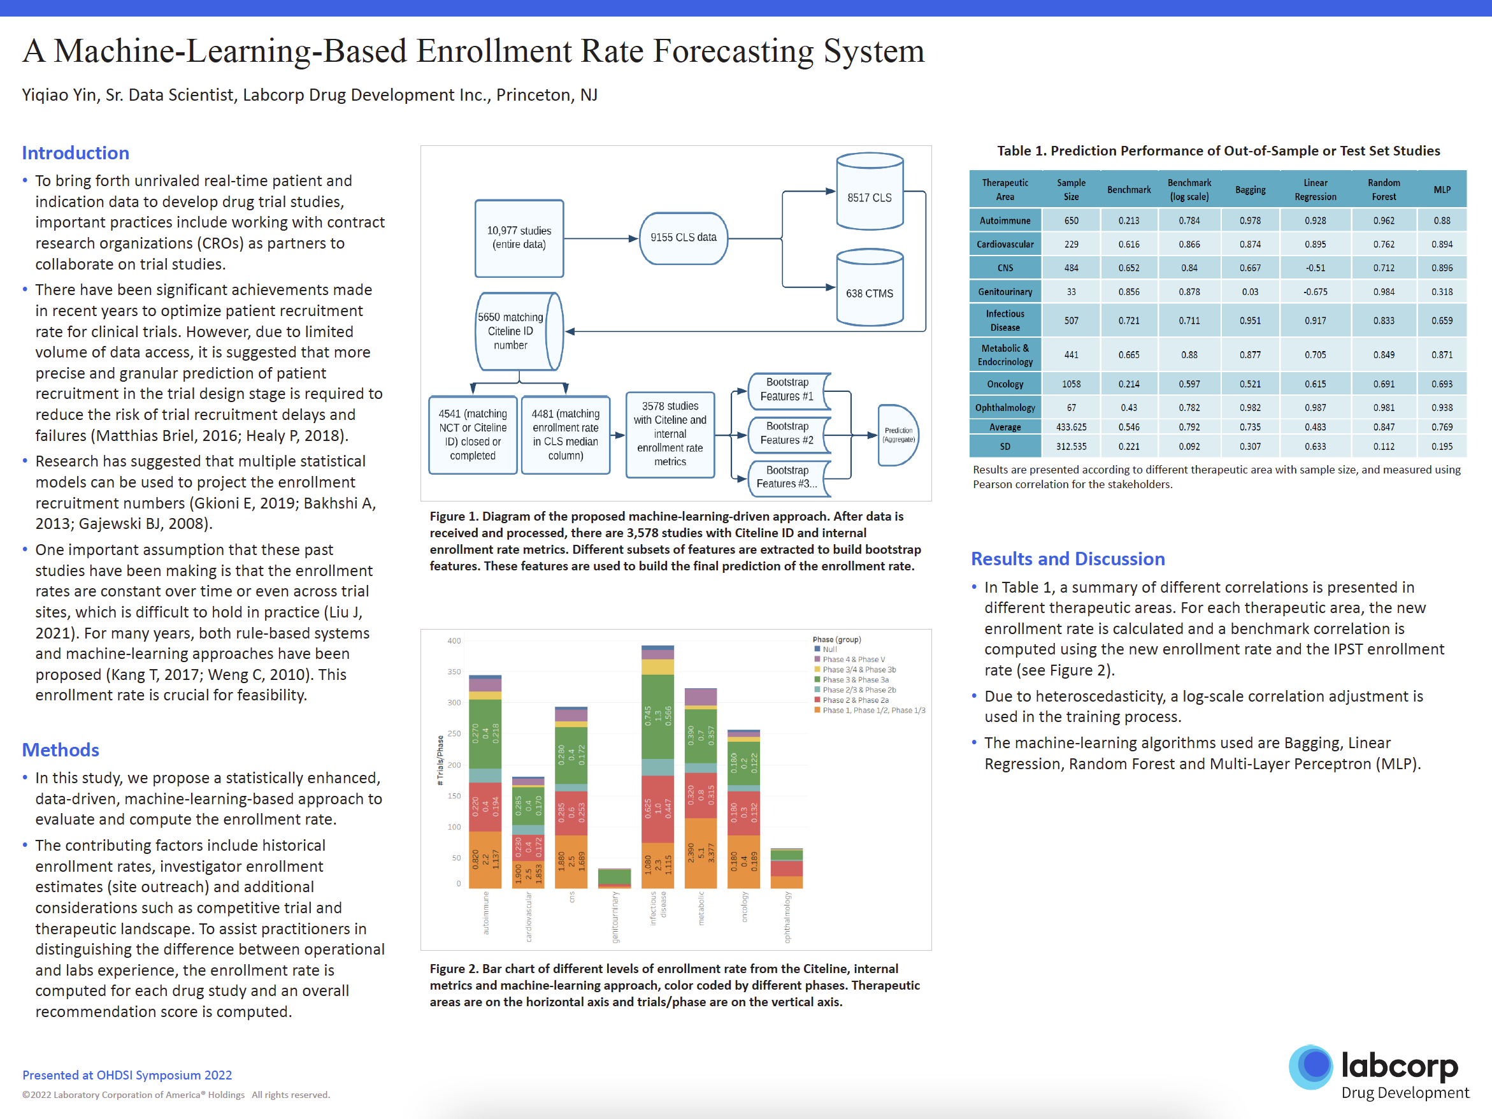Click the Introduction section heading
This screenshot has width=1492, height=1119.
tap(76, 153)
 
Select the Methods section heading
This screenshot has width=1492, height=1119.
tap(61, 750)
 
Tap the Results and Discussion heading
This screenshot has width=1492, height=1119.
tap(1067, 558)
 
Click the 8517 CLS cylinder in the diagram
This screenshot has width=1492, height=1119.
tap(870, 192)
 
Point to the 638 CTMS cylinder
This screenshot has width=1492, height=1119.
tap(870, 289)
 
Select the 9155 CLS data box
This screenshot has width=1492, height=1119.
tap(684, 238)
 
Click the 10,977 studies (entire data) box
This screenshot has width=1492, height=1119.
tap(519, 238)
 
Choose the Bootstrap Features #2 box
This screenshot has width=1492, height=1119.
tap(787, 434)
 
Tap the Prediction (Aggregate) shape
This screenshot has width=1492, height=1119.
tap(898, 435)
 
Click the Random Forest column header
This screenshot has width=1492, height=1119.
tap(1384, 189)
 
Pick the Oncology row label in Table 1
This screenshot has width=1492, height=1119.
tap(1005, 384)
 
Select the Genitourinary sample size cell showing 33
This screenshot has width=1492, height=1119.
tap(1071, 292)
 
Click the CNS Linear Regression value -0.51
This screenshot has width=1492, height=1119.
tap(1315, 268)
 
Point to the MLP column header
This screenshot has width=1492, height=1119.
tap(1442, 189)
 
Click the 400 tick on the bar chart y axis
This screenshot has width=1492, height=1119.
tap(454, 641)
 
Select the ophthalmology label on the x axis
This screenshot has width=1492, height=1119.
tap(787, 918)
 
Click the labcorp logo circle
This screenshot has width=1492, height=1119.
tap(1310, 1066)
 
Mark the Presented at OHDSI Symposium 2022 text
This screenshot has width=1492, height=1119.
tap(127, 1075)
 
